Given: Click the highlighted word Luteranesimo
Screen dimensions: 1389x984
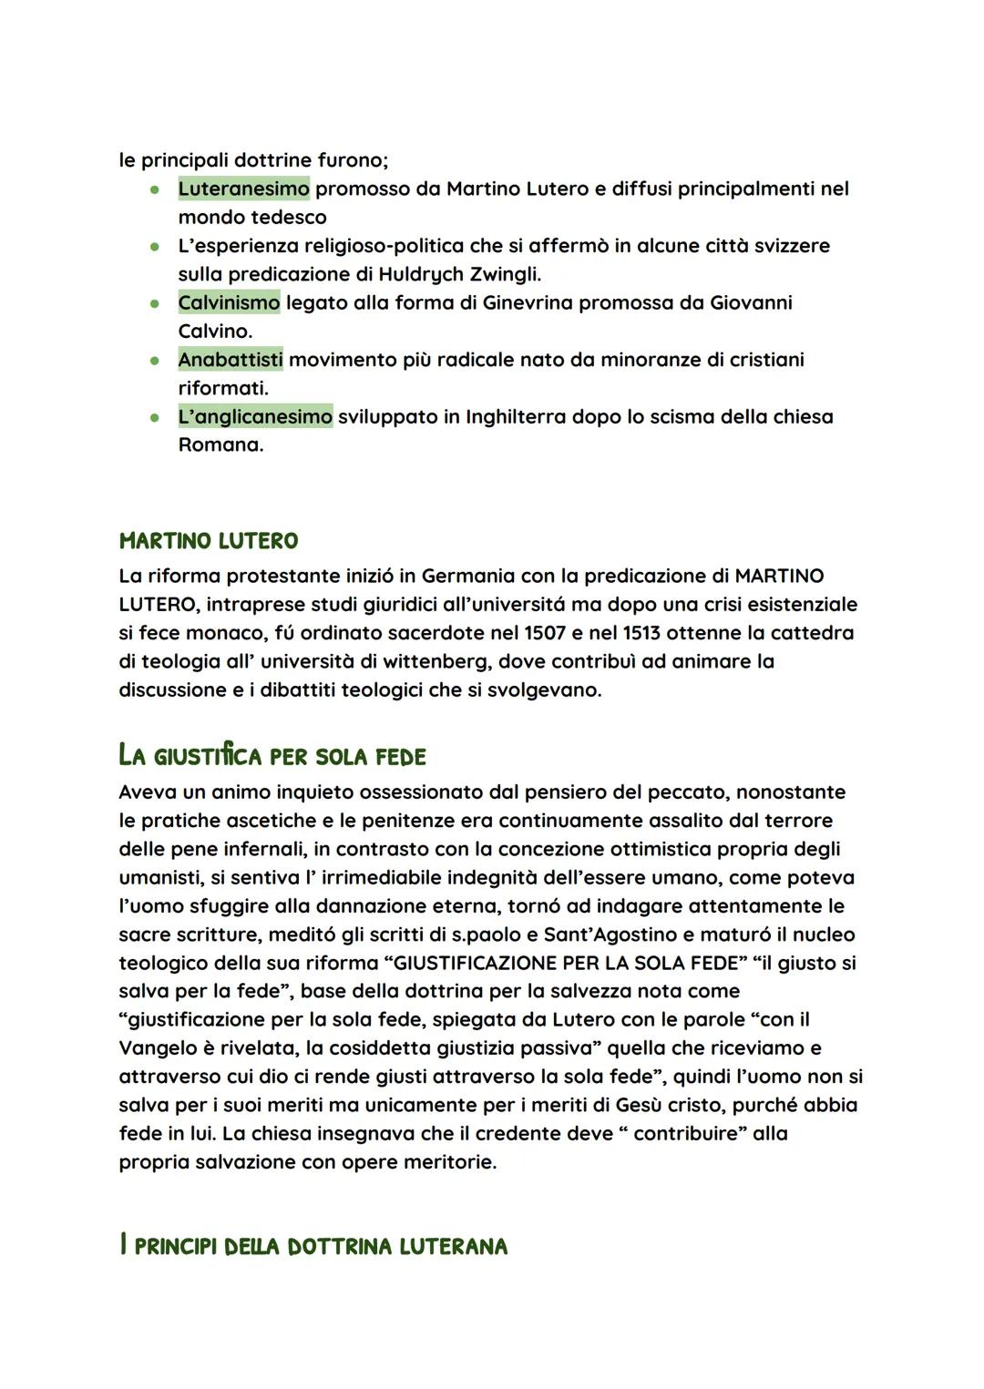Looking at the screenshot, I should point(243,189).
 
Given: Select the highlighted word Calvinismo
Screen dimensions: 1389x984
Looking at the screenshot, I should point(229,302).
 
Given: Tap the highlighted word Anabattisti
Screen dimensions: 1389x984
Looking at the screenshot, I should point(231,360).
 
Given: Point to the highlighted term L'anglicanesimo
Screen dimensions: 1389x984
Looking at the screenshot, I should point(255,416).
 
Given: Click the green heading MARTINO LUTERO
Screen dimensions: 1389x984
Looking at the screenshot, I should point(209,541).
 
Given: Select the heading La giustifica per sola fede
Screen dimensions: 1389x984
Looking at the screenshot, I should point(272,756).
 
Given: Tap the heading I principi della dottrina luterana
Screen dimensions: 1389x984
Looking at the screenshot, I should point(313,1246).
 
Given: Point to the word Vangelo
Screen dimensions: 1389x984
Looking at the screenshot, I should point(159,1048).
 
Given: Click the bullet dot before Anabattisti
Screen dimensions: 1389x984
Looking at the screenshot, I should point(156,361).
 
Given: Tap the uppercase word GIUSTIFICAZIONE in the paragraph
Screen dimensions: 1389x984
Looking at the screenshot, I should point(477,963).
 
